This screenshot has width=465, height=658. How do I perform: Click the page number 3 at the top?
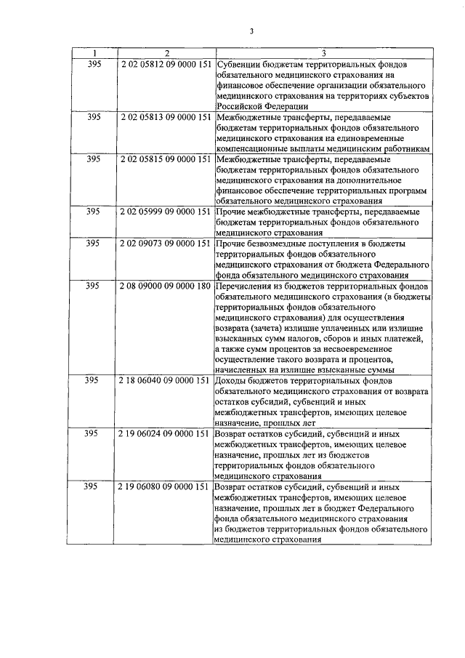pos(251,31)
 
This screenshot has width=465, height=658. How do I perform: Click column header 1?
pos(93,53)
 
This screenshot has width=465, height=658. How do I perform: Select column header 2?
pos(166,53)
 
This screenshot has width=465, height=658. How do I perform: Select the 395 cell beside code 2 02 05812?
pos(93,64)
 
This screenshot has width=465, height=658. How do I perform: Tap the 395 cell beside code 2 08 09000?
pos(93,285)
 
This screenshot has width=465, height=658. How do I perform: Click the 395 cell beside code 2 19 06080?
pos(93,486)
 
